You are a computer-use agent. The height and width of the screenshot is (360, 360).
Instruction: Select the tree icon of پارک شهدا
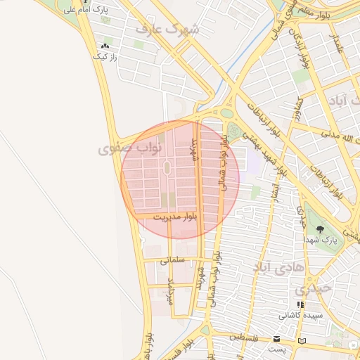(321, 230)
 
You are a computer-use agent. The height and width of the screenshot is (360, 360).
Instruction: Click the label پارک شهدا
(321, 240)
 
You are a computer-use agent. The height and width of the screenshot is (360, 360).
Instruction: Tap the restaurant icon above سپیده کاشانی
(300, 305)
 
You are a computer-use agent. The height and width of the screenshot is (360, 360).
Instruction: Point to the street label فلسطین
(245, 338)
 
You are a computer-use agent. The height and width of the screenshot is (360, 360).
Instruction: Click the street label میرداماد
(170, 290)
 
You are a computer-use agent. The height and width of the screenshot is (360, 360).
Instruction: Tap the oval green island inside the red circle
(167, 168)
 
